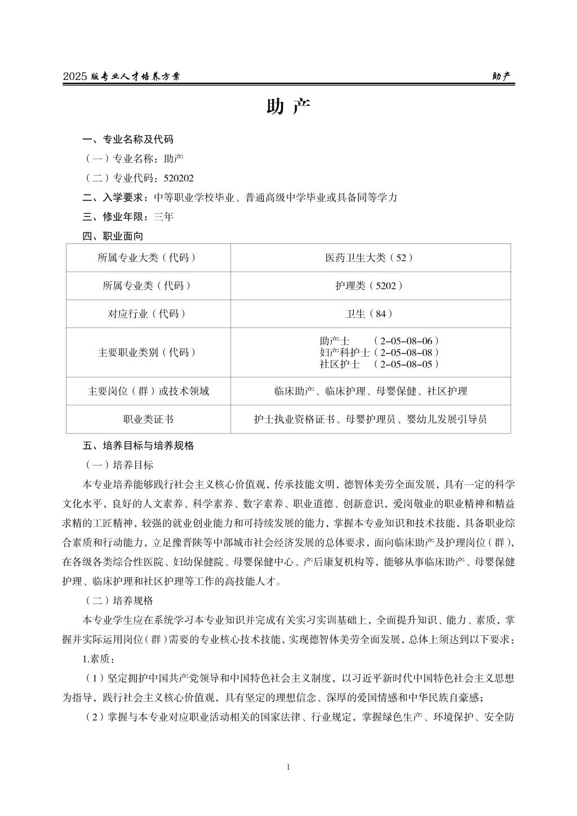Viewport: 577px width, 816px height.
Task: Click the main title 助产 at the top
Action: click(288, 107)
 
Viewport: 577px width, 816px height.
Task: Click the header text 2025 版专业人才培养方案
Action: click(122, 77)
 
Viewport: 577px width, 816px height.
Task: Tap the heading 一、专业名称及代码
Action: click(128, 139)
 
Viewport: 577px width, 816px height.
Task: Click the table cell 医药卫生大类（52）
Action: click(370, 258)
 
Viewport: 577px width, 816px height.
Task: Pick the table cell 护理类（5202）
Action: click(370, 286)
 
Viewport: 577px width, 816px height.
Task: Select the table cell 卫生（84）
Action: click(370, 314)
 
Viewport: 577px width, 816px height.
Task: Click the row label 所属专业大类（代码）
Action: click(148, 258)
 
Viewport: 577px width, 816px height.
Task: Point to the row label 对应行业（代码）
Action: click(148, 314)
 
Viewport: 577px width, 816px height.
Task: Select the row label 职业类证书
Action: click(148, 419)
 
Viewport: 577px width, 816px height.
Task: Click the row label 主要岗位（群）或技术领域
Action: click(148, 391)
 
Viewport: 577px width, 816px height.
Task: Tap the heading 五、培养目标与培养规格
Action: click(139, 445)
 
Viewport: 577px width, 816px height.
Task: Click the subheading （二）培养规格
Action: click(118, 601)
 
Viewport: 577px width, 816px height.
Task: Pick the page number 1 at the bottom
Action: click(288, 766)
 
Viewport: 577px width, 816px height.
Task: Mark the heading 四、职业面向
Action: click(113, 236)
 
